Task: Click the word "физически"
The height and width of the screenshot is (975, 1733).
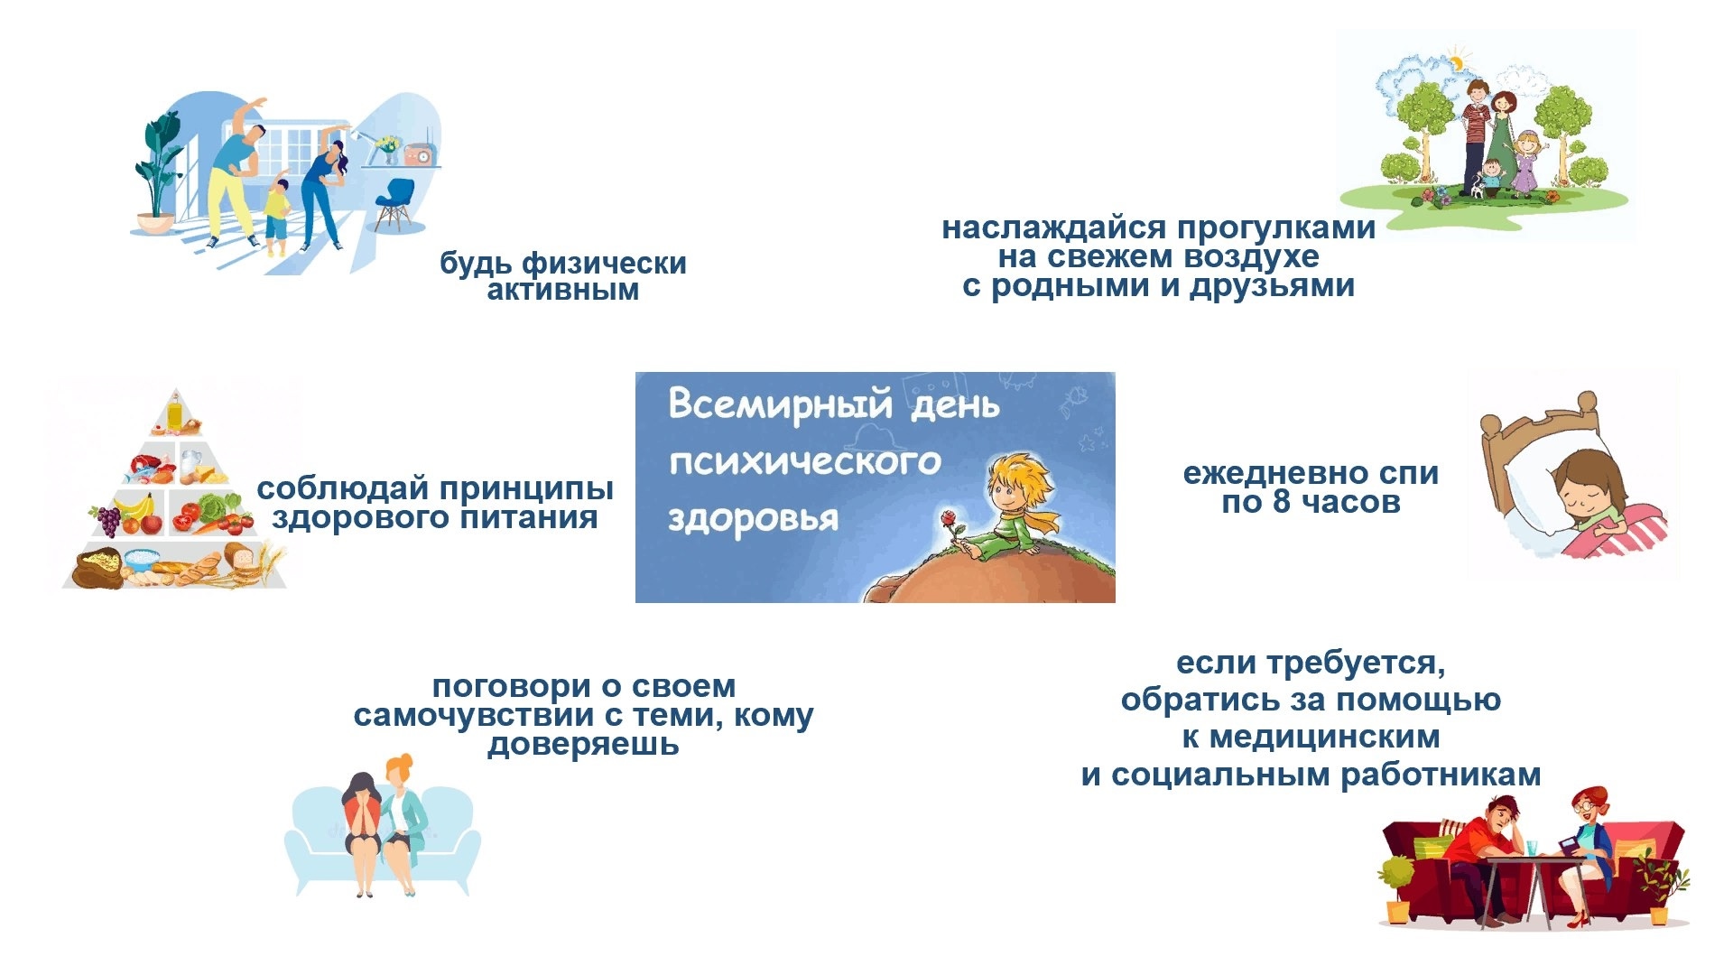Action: tap(604, 264)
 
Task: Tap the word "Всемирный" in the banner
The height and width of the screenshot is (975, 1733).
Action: tap(781, 404)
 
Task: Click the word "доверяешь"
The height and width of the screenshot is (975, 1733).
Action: tap(583, 745)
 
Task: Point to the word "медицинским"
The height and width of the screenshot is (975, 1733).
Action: tap(1324, 738)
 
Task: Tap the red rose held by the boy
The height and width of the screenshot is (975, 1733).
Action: tap(949, 519)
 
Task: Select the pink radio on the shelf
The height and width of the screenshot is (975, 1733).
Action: tap(418, 155)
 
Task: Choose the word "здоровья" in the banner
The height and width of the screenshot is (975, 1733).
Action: tap(753, 520)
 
